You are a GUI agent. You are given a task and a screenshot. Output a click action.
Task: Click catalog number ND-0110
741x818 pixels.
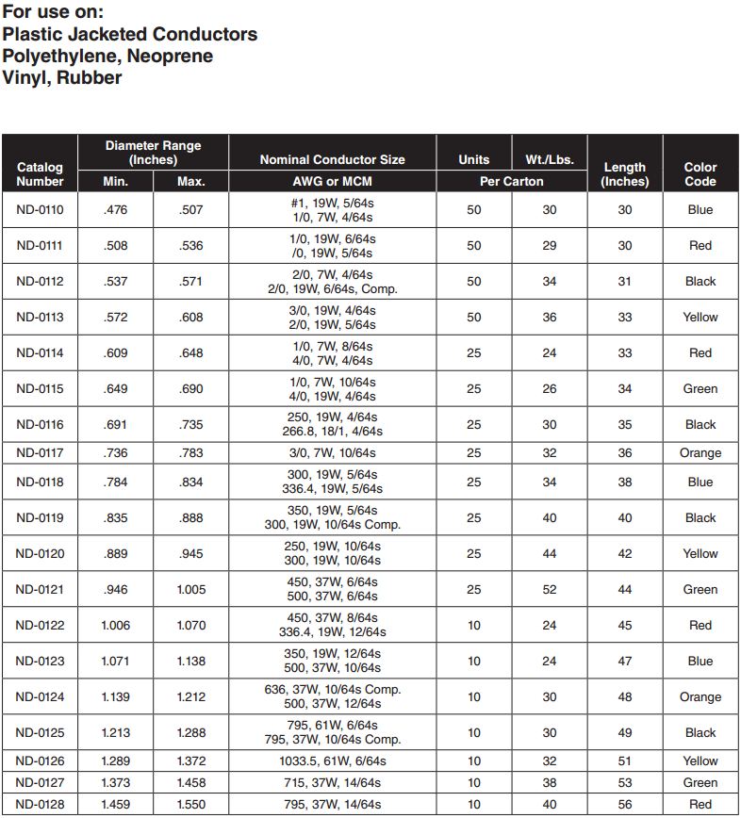pos(40,209)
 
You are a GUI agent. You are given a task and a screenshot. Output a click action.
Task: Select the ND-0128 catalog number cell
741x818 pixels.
pos(40,804)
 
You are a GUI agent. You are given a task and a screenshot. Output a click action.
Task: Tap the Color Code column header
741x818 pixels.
pos(700,174)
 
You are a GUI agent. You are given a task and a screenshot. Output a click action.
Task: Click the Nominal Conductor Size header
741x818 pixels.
pos(332,159)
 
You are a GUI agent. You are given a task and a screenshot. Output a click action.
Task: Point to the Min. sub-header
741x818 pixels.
pos(115,181)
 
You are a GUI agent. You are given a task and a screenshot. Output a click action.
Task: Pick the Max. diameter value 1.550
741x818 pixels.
pos(190,804)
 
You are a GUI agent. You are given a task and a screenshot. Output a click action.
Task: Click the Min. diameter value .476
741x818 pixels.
pos(115,209)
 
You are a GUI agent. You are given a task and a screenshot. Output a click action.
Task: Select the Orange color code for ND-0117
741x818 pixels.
pos(700,452)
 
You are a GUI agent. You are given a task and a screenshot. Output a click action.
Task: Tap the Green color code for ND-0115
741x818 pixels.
pos(700,388)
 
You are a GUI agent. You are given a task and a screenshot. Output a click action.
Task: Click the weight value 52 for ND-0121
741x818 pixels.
pos(550,589)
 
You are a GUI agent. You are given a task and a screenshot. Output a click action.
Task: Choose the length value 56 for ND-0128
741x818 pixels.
pos(625,804)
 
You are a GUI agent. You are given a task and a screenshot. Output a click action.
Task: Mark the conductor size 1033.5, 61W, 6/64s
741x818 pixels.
pos(332,761)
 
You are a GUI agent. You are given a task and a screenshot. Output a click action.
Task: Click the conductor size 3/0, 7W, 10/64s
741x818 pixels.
pos(332,452)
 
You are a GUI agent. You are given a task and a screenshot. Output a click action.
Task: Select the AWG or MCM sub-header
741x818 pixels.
pos(332,181)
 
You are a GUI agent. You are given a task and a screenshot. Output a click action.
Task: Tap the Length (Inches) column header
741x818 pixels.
pos(625,174)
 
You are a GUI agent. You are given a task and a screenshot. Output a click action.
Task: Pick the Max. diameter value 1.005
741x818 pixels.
pos(190,589)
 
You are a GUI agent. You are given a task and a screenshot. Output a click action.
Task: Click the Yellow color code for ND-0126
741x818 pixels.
pos(700,761)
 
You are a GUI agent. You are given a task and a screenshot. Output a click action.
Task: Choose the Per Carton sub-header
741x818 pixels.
pos(511,181)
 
